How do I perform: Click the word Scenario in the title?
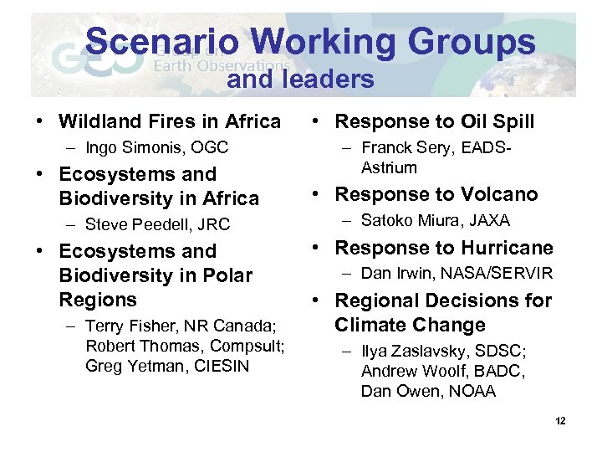(162, 42)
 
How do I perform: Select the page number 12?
(559, 420)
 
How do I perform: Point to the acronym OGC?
(210, 148)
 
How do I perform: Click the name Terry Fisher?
(126, 326)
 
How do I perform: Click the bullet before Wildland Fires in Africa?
(40, 122)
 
